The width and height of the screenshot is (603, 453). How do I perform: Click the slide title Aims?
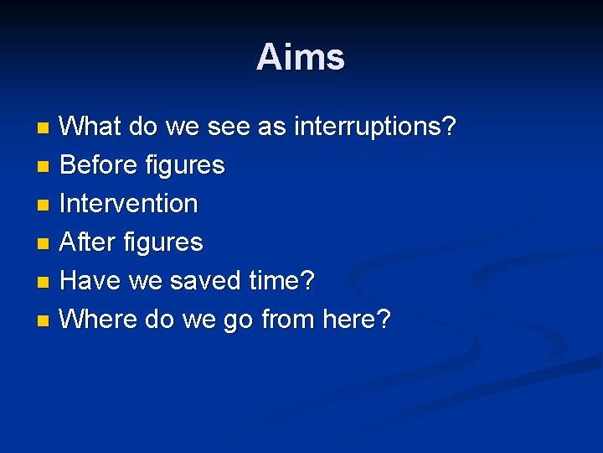(x=301, y=58)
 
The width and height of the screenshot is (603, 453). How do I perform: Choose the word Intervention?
(x=129, y=204)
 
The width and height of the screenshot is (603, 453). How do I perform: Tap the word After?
(x=89, y=242)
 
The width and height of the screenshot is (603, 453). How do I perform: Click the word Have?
(x=90, y=281)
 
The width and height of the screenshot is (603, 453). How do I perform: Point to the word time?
(x=281, y=281)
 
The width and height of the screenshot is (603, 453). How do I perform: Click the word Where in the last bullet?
(x=99, y=320)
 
